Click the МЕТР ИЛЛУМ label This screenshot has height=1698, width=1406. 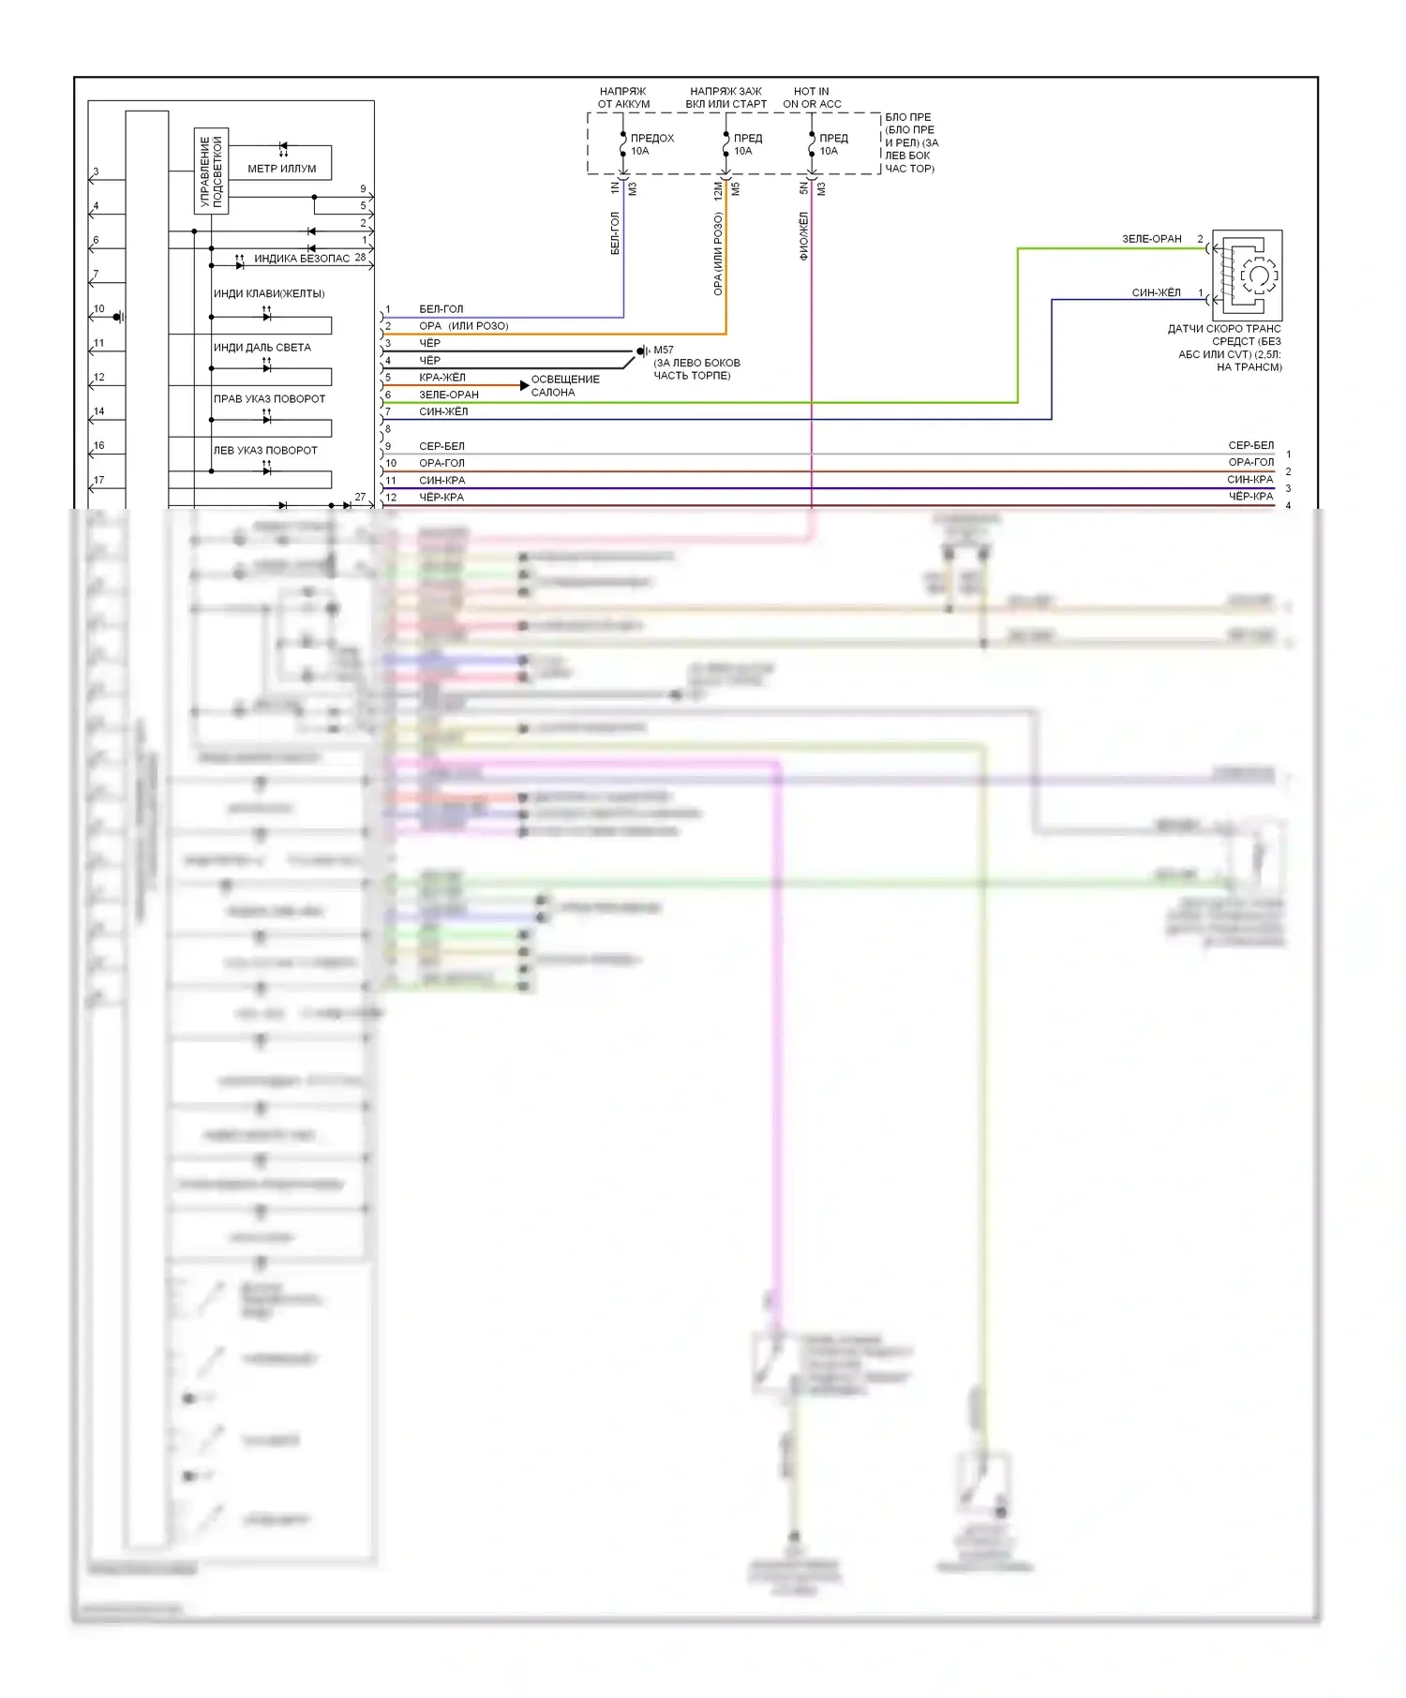[281, 169]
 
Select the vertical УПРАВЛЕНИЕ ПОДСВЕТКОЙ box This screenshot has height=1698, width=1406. [211, 171]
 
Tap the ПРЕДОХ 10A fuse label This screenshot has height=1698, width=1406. [651, 144]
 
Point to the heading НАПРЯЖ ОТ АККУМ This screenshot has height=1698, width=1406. [623, 97]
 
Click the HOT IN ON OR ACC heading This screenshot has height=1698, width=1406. [812, 97]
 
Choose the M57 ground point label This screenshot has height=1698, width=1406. [664, 350]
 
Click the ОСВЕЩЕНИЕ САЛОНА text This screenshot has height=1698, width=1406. [565, 386]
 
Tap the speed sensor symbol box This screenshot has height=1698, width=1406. [1247, 276]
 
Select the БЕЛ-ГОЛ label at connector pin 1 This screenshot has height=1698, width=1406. [441, 308]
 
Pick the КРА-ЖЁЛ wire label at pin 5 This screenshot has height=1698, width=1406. [441, 377]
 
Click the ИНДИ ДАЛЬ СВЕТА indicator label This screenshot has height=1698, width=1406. [262, 348]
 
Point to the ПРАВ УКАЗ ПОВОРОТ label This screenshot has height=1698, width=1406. [269, 399]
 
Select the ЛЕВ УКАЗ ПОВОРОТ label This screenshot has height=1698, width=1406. [265, 451]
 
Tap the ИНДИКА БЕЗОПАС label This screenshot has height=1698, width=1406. [302, 259]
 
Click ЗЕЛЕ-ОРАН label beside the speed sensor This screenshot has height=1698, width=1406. [1151, 239]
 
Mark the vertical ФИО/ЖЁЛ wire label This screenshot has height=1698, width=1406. [803, 235]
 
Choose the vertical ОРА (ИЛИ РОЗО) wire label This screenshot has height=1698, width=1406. [718, 253]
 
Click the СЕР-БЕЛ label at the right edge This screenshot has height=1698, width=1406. [1250, 445]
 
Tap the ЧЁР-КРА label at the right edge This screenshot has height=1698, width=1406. [1250, 497]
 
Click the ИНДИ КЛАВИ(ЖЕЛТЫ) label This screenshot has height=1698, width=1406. [269, 294]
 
